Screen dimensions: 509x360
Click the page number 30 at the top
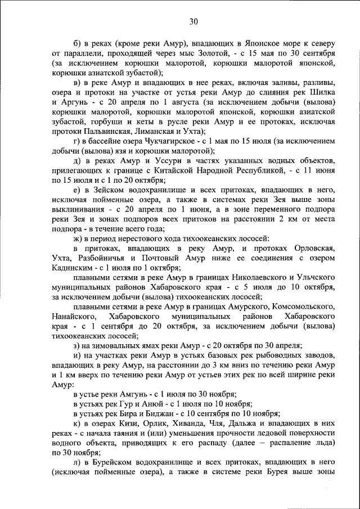193,22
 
